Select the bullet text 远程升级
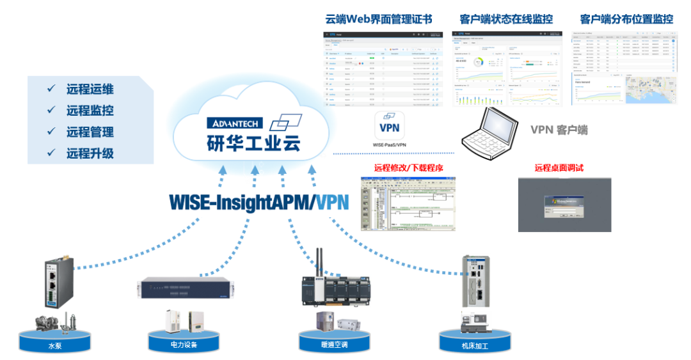(x=90, y=153)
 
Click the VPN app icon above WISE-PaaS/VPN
(x=389, y=126)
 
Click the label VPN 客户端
(x=559, y=130)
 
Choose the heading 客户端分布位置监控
(x=626, y=19)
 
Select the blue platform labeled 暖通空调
(x=333, y=343)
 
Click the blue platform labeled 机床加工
(x=474, y=343)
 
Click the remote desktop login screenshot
(x=564, y=205)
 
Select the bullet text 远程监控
(x=90, y=110)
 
